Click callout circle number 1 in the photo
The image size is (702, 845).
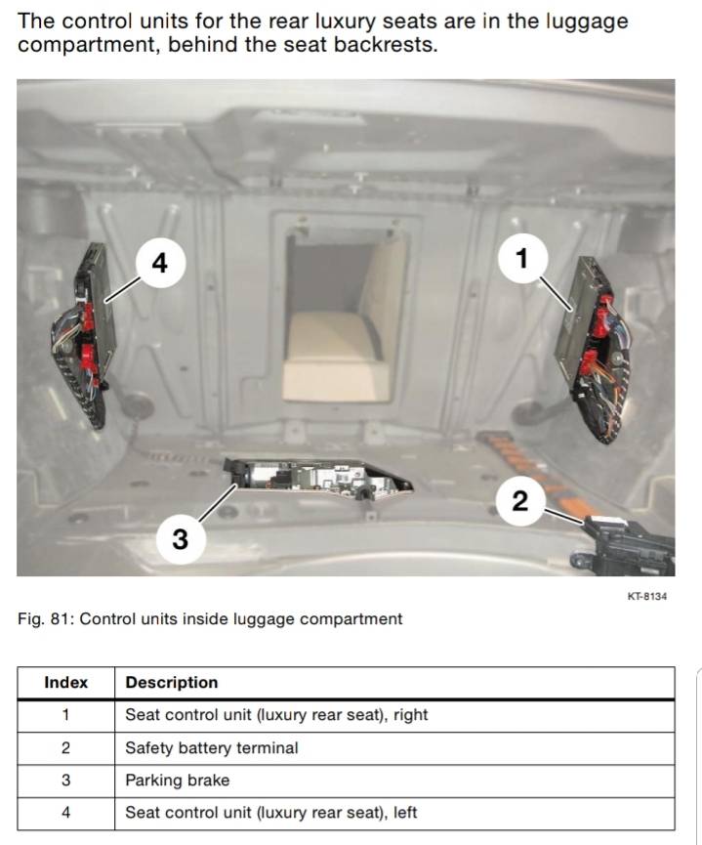521,259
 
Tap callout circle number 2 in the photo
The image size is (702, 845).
519,501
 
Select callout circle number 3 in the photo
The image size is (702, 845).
180,538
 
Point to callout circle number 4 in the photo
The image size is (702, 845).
160,262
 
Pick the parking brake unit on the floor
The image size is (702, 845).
317,476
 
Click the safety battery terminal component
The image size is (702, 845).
625,548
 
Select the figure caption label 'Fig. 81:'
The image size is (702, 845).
45,619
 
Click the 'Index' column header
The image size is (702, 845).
65,683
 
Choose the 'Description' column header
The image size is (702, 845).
172,683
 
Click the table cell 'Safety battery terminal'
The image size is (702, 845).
212,748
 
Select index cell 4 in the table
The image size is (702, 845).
65,813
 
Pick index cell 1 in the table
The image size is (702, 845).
65,715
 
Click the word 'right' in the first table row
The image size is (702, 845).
410,715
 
